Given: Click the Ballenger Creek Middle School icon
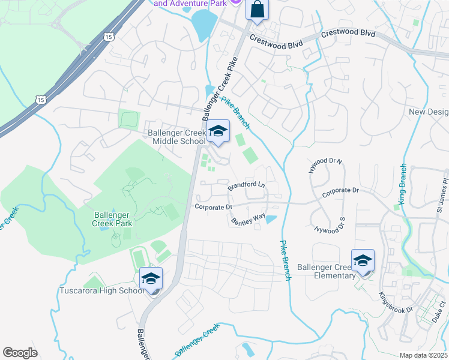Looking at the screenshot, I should [218, 131].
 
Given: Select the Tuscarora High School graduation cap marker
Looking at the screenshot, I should [151, 278].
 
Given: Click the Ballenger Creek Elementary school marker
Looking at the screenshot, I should [363, 261].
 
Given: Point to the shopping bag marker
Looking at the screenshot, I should [256, 10].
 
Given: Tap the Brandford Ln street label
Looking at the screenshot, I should [246, 186].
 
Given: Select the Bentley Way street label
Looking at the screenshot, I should [248, 219].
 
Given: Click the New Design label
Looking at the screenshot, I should [427, 112].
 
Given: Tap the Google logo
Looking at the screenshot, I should [20, 352].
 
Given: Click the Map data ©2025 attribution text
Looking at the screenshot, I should [423, 355].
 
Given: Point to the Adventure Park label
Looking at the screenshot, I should [191, 3].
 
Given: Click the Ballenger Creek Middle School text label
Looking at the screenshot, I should [178, 137].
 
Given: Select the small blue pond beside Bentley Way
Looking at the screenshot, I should [271, 219].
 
